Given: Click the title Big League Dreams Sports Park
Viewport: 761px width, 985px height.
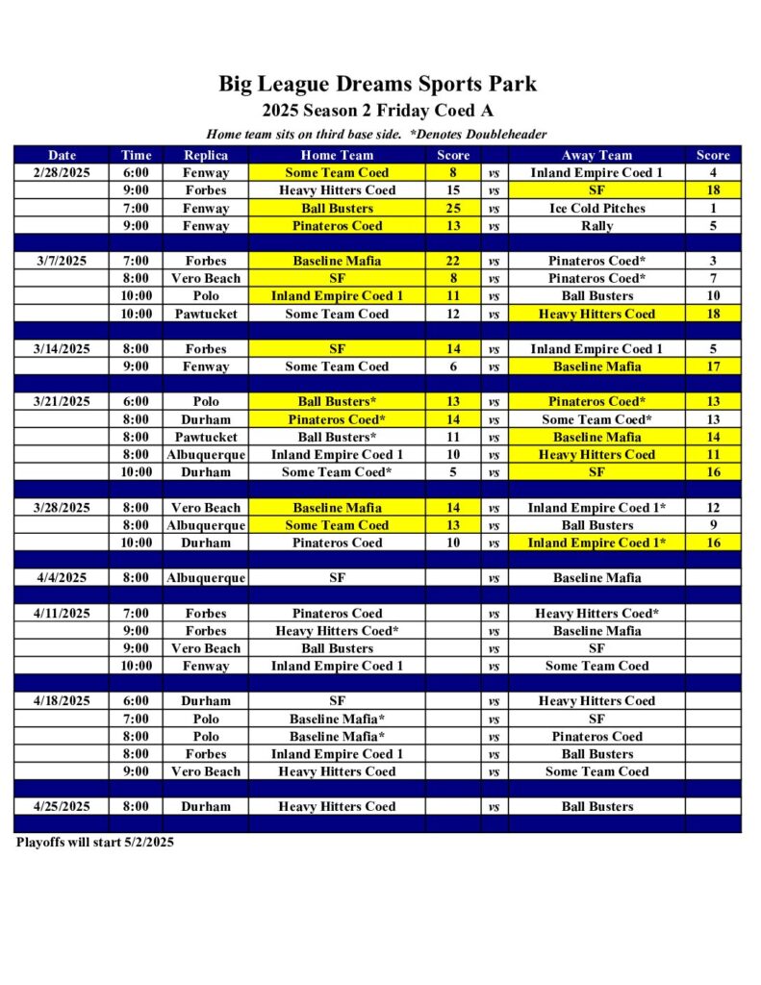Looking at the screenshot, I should click(377, 84).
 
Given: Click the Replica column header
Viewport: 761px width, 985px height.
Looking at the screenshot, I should click(206, 155).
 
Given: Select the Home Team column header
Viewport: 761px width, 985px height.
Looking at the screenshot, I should click(337, 155).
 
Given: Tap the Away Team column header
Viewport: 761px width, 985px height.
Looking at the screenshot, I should click(596, 155).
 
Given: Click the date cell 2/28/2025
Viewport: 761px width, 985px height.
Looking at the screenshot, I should click(62, 173).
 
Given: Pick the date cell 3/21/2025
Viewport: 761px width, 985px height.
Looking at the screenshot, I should click(62, 402).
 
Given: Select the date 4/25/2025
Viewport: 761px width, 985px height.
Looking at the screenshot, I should click(62, 807).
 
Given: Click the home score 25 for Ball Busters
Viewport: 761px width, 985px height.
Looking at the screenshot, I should click(453, 209).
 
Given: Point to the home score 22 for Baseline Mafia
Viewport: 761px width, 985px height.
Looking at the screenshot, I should click(453, 261).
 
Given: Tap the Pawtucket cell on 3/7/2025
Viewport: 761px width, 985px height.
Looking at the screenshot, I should click(206, 315).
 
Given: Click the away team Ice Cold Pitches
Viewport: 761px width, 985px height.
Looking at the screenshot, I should click(596, 209).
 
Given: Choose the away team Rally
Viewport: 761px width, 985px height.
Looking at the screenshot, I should click(596, 226).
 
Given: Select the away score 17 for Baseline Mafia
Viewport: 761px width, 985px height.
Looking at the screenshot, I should click(713, 366).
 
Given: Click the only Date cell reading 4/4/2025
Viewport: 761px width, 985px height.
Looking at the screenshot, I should click(62, 578).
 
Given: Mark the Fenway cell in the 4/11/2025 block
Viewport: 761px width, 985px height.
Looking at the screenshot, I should click(206, 666).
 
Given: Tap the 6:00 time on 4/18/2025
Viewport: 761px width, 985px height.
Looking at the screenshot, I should click(136, 701).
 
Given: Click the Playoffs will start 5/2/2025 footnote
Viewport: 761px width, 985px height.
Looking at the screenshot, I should click(94, 843).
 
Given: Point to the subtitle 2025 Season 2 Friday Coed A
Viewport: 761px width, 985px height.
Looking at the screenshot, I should click(377, 111).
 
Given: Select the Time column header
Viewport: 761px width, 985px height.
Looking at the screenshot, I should click(136, 155).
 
